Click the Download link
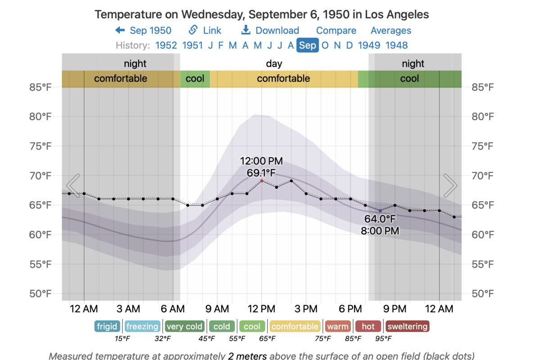pos(270,31)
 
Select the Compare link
pos(336,31)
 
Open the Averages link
pos(390,31)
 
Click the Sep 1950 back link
pos(143,31)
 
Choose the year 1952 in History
pos(166,45)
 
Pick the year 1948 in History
pos(396,45)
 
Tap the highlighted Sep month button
pos(308,45)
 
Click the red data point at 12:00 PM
pos(262,181)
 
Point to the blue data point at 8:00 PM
pos(380,211)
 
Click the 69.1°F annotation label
pos(262,172)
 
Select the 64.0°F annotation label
pos(380,220)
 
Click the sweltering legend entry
pos(407,326)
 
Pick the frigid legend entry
pos(107,326)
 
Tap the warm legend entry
pos(337,326)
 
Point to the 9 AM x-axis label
pos(217,309)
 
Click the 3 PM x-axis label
pos(306,309)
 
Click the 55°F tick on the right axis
pos(483,264)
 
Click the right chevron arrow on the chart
pos(450,185)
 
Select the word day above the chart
pos(274,64)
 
